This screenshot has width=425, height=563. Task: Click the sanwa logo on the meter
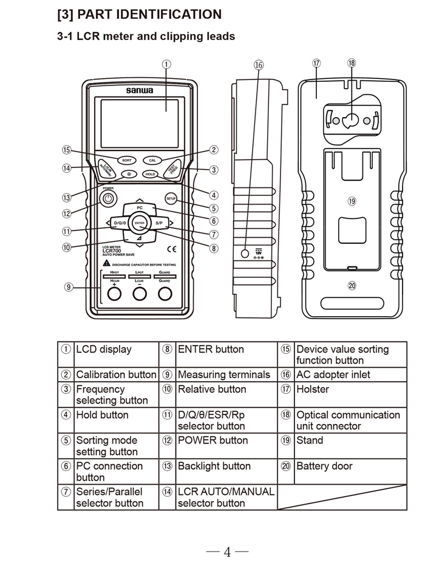click(x=139, y=90)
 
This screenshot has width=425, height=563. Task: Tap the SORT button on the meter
click(x=126, y=160)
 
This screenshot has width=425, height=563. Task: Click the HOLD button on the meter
click(x=150, y=174)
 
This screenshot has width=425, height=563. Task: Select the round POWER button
click(x=107, y=198)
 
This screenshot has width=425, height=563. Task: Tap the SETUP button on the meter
click(x=171, y=198)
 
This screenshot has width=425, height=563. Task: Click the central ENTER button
click(x=140, y=223)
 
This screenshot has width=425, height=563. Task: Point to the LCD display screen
click(x=139, y=121)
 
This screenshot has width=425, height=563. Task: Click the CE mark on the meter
click(x=172, y=248)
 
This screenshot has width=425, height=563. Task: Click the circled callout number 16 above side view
click(x=259, y=64)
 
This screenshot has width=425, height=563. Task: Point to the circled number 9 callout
click(x=69, y=287)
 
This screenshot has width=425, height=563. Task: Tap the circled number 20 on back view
click(x=351, y=285)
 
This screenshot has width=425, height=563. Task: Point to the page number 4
click(x=226, y=551)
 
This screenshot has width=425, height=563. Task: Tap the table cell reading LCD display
click(x=103, y=349)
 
